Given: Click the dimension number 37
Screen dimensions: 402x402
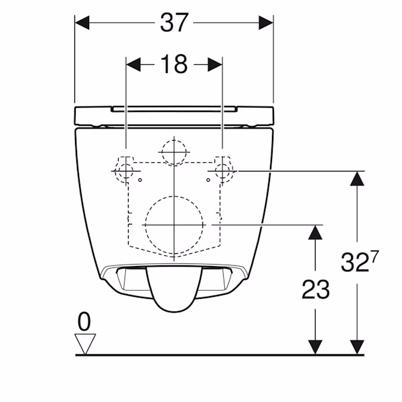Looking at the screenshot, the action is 174,23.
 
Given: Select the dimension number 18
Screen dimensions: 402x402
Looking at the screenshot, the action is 174,64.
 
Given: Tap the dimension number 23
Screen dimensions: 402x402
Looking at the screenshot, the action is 316,289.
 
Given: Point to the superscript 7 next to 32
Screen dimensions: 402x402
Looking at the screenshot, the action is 375,257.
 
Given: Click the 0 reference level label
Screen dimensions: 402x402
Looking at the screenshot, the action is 84,322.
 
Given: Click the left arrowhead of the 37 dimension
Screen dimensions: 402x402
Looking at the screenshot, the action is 82,23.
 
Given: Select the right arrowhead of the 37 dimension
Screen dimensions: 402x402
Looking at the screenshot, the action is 266,23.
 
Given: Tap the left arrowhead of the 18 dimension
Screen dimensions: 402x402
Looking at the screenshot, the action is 133,64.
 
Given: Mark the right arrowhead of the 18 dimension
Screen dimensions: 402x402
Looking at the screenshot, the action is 215,64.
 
